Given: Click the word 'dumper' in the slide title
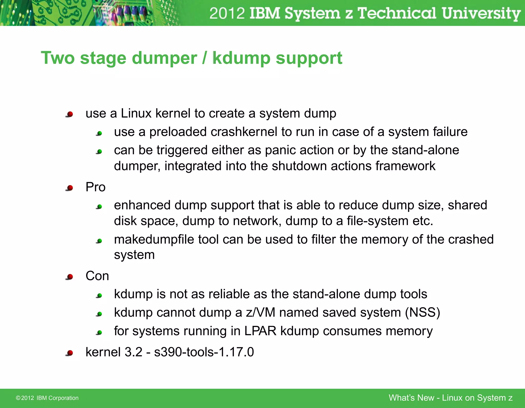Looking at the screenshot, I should pos(164,58).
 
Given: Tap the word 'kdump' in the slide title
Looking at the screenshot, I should pos(241,58).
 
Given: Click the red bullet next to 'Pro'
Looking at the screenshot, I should pos(70,188).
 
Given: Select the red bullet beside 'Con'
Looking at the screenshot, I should pos(70,277).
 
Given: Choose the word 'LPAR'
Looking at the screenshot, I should pos(260,331).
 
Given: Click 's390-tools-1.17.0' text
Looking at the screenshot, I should pos(204,352).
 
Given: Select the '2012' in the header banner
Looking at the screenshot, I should pos(227,13).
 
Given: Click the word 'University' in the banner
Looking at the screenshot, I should pos(481,13).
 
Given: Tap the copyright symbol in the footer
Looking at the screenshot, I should pos(18,398).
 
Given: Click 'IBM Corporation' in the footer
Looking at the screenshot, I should pos(57,398).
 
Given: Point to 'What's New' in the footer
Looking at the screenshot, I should pos(411,398).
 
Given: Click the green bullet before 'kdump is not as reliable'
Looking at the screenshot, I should pos(99,296).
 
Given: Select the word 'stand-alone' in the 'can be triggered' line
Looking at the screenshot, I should pos(425,150).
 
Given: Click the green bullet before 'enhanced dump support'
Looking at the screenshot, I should pos(99,206).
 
